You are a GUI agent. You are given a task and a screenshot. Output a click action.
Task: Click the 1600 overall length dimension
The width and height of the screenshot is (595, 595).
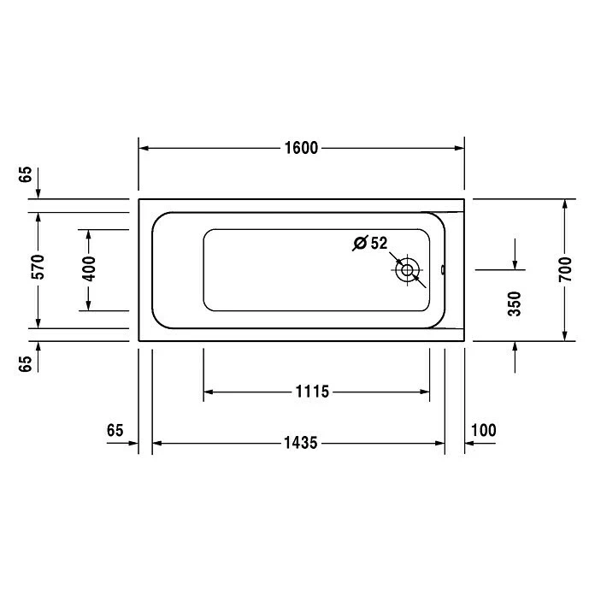click(x=301, y=148)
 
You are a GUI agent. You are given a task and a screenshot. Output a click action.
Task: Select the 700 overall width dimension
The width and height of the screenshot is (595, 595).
click(x=565, y=269)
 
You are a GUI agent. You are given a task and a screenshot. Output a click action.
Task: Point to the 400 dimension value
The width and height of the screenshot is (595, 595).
click(x=89, y=269)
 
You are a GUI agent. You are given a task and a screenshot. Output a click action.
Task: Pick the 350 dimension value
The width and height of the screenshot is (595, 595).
click(x=515, y=303)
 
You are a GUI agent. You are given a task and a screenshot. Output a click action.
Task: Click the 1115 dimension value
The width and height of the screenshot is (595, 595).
click(x=313, y=392)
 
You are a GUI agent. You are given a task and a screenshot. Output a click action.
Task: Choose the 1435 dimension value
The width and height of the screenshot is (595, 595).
click(x=300, y=443)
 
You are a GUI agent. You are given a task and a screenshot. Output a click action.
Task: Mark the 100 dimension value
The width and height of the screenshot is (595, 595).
click(x=483, y=429)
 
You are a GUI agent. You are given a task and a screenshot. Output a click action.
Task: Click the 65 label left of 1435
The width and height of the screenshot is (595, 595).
click(x=116, y=429)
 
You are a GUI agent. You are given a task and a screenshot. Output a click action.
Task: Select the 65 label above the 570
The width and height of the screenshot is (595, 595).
click(x=27, y=175)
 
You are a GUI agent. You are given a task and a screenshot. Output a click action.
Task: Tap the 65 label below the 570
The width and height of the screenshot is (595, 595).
click(x=27, y=363)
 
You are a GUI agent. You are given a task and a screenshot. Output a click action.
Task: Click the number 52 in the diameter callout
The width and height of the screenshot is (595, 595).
click(x=380, y=243)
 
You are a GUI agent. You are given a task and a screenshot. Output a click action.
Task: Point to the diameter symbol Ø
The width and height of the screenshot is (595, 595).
click(x=360, y=243)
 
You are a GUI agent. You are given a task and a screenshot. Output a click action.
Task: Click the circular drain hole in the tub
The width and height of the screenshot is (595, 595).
click(x=407, y=271)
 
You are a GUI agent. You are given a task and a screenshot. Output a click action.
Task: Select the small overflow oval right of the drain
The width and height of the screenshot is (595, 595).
click(x=443, y=271)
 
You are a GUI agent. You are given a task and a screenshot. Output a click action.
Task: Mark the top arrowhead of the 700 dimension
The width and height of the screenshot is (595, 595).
click(x=565, y=205)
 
